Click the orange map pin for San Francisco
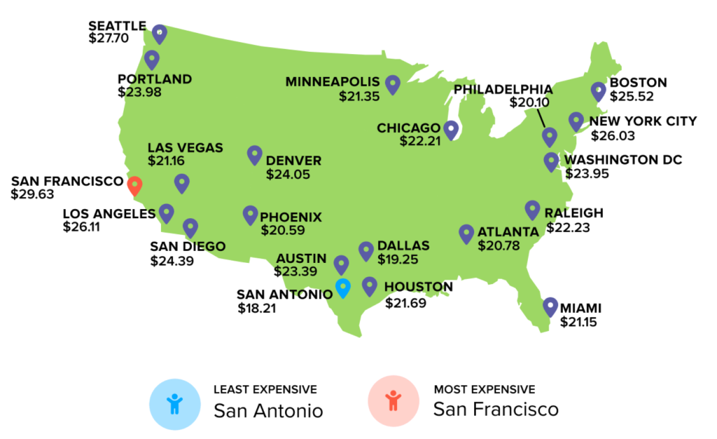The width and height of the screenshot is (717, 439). coord(135,185)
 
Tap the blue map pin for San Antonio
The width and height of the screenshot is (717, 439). coord(342,288)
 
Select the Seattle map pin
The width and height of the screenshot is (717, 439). coord(160,32)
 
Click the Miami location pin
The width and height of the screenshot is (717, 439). coord(550,306)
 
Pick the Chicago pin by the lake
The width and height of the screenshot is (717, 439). coord(451,129)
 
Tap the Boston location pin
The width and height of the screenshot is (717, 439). coord(598,91)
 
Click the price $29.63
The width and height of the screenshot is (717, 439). coord(32,194)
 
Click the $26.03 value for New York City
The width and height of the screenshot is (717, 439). coord(613,135)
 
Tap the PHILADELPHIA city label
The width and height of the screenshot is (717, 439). coord(503,90)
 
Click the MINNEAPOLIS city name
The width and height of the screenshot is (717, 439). coord(333,82)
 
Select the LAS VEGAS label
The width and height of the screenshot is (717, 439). coord(186,148)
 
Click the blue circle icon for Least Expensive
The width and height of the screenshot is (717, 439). coord(174,403)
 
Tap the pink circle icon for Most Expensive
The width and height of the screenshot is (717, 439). coord(394,403)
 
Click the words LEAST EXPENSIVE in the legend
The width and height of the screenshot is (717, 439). coord(265,389)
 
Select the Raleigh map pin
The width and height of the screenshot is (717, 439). coord(532,210)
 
